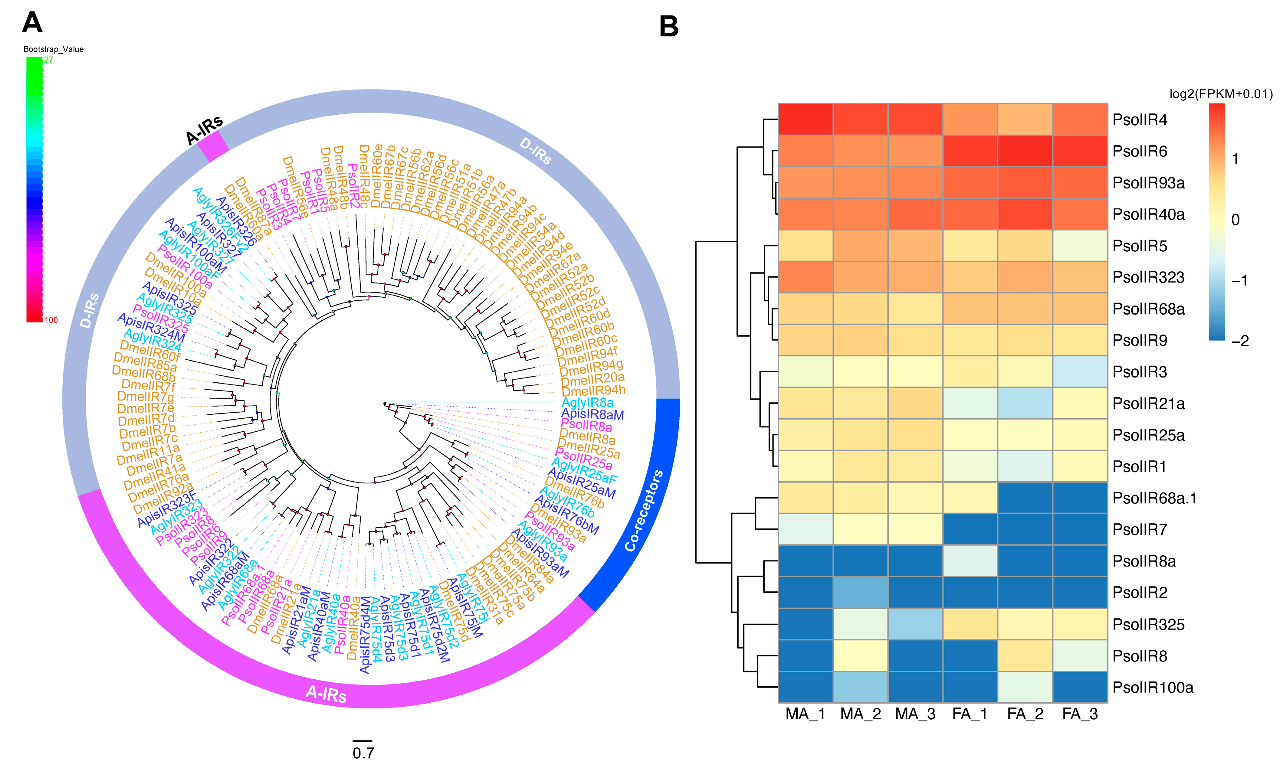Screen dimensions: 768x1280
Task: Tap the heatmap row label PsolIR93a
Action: [x=1148, y=183]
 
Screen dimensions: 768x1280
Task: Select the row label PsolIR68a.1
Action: [x=1154, y=498]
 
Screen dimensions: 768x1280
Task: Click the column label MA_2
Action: [x=860, y=714]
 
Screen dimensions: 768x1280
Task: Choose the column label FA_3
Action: [x=1080, y=714]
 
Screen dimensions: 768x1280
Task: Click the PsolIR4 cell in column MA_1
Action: [x=805, y=119]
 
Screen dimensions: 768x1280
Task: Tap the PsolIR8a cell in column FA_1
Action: [x=970, y=561]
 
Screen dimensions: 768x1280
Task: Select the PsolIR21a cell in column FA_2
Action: [x=1025, y=403]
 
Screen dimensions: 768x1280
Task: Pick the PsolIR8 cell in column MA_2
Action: [x=860, y=656]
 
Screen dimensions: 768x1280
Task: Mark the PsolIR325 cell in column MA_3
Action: [x=915, y=624]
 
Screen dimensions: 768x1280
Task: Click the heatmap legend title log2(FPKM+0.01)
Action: [x=1220, y=94]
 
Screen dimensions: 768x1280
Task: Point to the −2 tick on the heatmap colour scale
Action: [x=1240, y=341]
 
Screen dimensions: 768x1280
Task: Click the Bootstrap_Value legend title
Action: [x=53, y=49]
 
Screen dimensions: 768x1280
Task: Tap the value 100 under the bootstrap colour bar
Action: [x=51, y=320]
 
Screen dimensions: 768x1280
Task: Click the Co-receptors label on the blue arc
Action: [x=643, y=511]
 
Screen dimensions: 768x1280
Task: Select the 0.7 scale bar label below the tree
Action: [x=363, y=753]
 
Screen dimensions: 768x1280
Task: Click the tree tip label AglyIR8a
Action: [x=587, y=402]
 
